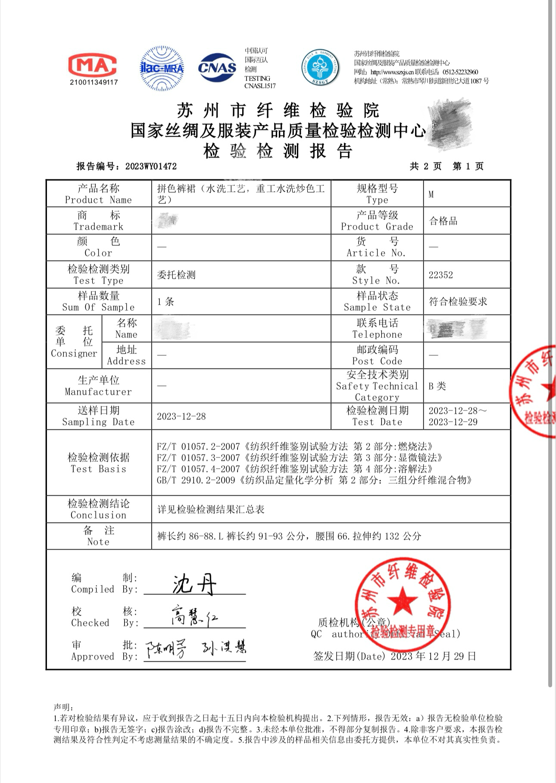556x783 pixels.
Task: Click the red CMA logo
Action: (93, 65)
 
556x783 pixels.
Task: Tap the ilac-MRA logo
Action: (162, 68)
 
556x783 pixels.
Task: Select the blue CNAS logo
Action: (217, 67)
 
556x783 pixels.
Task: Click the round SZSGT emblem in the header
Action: (320, 67)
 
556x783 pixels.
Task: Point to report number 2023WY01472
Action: (151, 166)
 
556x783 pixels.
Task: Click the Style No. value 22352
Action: (440, 275)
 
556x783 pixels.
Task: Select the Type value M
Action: (431, 194)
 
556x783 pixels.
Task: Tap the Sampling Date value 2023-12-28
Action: (181, 417)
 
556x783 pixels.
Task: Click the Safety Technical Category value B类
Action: (437, 386)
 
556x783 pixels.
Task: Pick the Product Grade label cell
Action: (377, 221)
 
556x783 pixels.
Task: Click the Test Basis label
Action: (98, 463)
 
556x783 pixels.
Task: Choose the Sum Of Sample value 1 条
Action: (166, 302)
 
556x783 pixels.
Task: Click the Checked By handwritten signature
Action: (194, 616)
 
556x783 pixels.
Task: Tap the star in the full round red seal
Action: (402, 600)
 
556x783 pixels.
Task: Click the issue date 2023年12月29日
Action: (433, 656)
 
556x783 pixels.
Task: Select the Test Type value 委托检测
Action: (176, 275)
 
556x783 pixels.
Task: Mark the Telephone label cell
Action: (377, 329)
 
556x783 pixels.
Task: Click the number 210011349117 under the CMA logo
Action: (94, 82)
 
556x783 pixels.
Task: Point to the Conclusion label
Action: (98, 509)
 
